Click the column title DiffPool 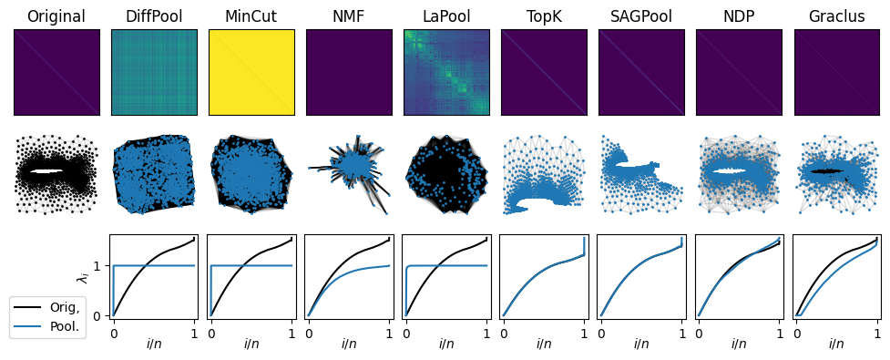[153, 16]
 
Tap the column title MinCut [251, 16]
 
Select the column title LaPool [446, 16]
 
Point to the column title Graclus [836, 16]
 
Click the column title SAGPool [641, 16]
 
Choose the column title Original [56, 16]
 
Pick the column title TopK [544, 16]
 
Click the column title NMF [349, 16]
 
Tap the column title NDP [739, 16]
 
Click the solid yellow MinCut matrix [251, 72]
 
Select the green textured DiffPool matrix [153, 72]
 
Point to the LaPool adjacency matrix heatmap [446, 72]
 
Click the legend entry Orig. [65, 307]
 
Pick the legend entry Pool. [65, 324]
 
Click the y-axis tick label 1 [101, 265]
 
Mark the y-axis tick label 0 [101, 315]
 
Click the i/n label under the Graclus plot [836, 345]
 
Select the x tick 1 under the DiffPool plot [193, 333]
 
